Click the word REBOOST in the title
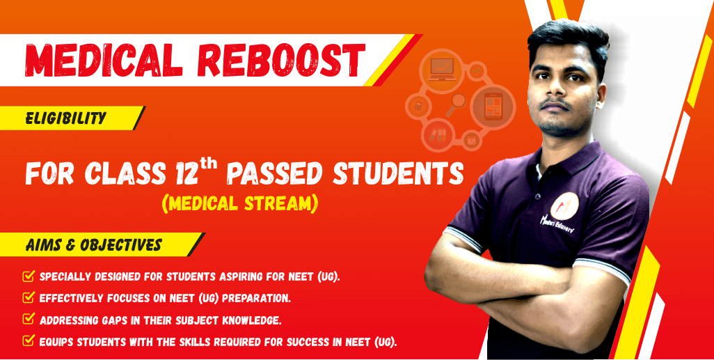click(x=281, y=60)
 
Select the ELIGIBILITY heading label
click(x=66, y=119)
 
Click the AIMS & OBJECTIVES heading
click(x=94, y=245)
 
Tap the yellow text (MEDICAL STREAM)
click(x=239, y=203)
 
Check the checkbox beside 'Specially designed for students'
click(x=29, y=276)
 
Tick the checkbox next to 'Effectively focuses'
click(x=29, y=297)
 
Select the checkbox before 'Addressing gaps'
click(x=29, y=319)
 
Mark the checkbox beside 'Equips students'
click(x=29, y=341)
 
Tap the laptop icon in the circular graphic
click(x=441, y=70)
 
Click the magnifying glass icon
click(x=457, y=104)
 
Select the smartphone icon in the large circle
click(x=493, y=107)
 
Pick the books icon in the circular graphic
click(x=438, y=135)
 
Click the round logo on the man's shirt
click(x=564, y=206)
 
